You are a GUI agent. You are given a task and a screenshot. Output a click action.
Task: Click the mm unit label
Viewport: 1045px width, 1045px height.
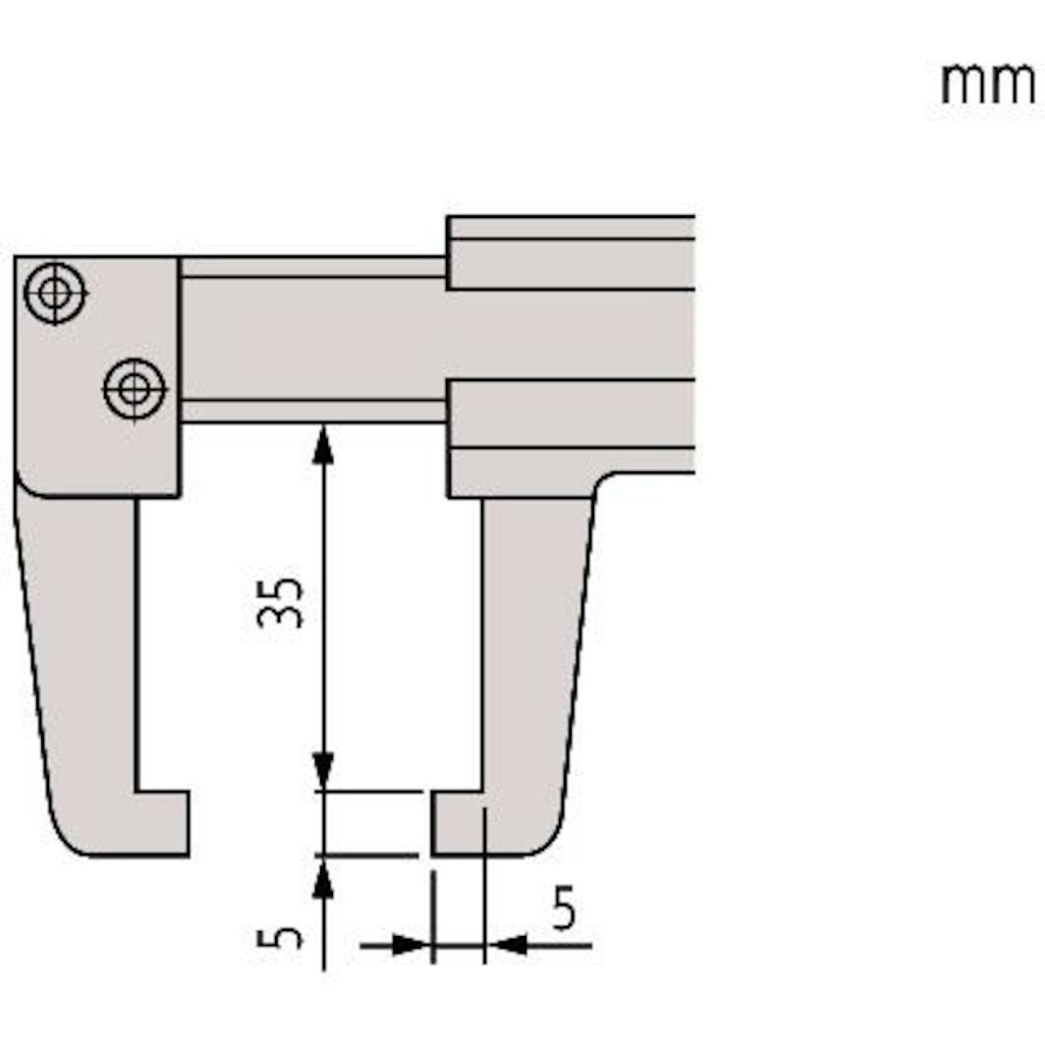point(986,84)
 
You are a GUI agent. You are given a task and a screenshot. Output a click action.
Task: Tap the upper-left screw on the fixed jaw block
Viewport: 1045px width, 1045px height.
point(55,293)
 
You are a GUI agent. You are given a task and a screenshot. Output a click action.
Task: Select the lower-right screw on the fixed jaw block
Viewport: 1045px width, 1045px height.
point(135,390)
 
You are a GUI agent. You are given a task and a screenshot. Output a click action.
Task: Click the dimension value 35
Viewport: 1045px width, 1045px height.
point(281,601)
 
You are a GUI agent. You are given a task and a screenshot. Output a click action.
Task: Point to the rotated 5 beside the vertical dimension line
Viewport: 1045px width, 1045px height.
point(281,937)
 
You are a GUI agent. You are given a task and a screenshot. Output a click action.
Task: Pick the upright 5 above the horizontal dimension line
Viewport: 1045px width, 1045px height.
point(563,908)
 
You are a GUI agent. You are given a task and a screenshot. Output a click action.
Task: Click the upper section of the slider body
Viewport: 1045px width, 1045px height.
point(570,252)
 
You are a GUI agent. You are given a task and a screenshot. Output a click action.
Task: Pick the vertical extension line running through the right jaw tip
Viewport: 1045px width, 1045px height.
point(484,884)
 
